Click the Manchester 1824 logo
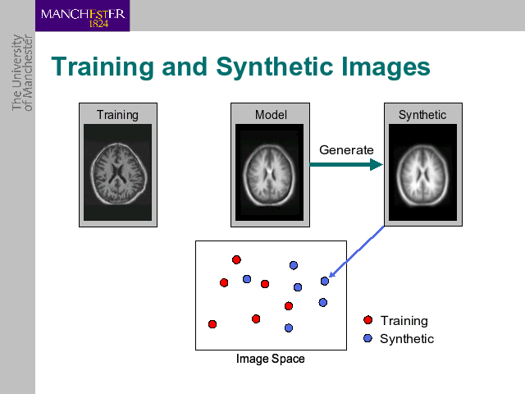(82, 16)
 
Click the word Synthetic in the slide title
(274, 67)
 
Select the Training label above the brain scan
(117, 115)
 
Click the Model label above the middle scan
(271, 115)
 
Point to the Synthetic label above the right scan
(422, 115)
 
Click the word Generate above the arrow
(346, 149)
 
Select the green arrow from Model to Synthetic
(346, 164)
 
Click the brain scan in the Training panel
(118, 172)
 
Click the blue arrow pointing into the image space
(357, 252)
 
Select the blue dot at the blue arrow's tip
(325, 281)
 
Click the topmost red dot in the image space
(236, 259)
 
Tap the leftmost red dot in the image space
(212, 324)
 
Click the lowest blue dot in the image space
(289, 328)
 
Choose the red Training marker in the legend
(368, 320)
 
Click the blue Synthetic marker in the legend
(367, 338)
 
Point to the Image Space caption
(271, 359)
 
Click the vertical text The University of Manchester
(22, 73)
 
